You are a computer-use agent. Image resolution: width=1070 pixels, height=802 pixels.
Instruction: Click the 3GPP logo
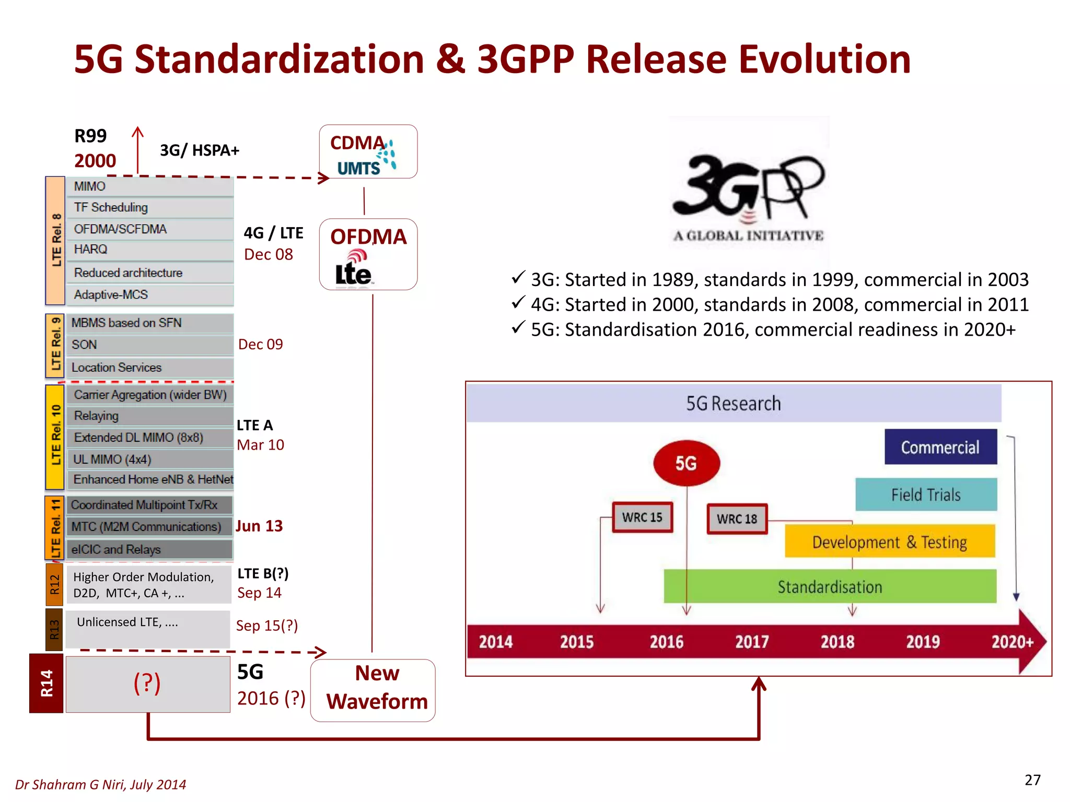point(748,196)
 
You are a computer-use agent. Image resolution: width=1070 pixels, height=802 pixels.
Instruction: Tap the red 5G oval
point(686,463)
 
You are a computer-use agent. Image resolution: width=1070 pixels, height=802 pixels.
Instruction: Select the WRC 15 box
point(642,517)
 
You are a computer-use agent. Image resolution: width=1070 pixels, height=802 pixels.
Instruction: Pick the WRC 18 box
point(737,518)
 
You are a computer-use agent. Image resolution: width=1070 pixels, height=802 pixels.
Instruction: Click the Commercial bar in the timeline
point(940,447)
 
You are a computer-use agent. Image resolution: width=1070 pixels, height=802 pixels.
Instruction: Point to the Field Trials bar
point(926,494)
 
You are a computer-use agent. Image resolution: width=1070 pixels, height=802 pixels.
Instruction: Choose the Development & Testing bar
point(889,542)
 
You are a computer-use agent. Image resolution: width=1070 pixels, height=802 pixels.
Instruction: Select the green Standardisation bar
point(830,586)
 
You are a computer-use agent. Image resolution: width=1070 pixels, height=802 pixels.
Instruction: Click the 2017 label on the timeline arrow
point(752,641)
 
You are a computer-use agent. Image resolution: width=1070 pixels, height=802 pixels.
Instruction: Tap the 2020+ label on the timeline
point(1012,641)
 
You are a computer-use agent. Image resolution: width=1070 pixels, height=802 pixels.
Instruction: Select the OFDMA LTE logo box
point(368,254)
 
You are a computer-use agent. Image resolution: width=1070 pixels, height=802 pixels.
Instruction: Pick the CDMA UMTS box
point(368,152)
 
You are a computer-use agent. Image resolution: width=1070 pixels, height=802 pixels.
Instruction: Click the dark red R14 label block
point(46,683)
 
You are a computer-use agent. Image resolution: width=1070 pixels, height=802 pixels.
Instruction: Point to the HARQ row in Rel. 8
point(149,250)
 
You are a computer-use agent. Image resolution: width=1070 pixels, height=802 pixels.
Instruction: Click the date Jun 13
point(259,526)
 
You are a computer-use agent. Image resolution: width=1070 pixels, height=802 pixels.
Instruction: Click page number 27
point(1032,780)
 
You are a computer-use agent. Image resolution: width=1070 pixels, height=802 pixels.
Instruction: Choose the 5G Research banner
point(734,403)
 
